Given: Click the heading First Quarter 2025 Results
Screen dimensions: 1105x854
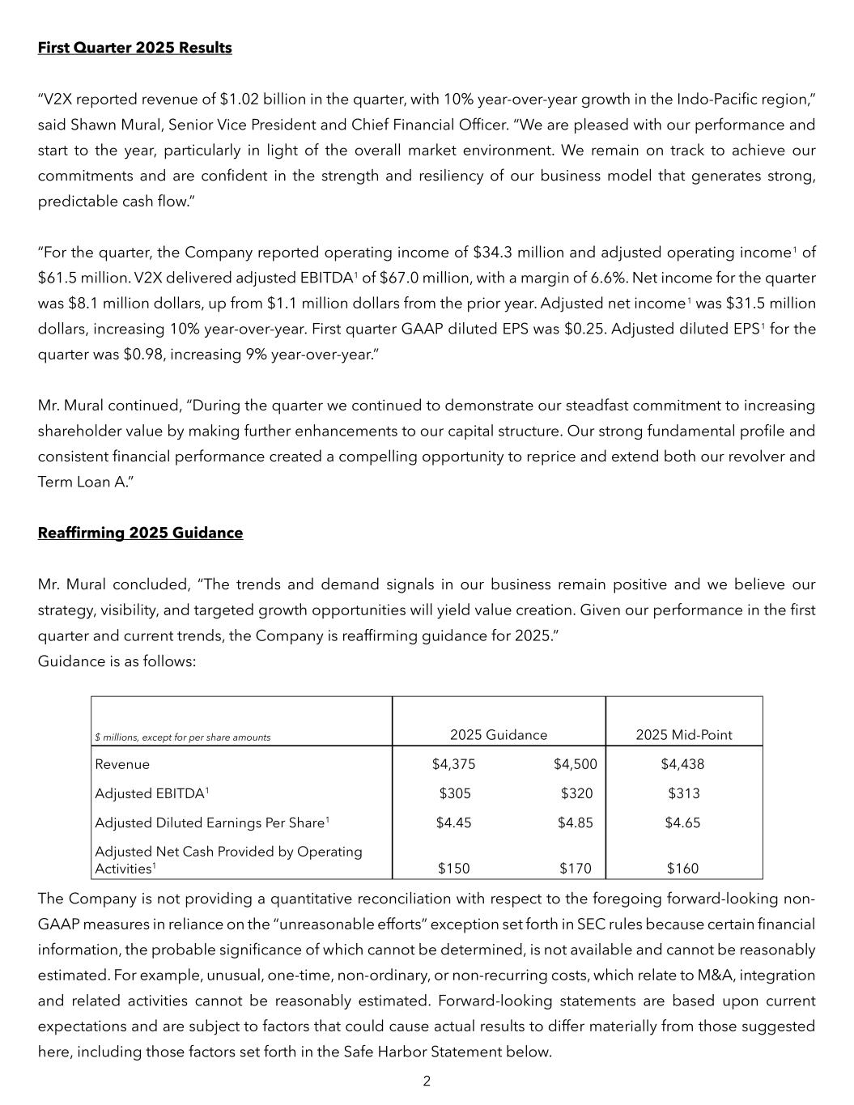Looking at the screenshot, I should [134, 48].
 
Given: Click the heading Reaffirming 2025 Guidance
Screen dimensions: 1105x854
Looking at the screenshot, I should [140, 533].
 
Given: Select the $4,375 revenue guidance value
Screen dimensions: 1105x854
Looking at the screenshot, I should [453, 764].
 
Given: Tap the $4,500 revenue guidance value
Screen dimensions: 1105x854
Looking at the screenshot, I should [575, 764].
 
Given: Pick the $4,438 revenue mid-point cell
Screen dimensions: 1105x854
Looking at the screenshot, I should [682, 764].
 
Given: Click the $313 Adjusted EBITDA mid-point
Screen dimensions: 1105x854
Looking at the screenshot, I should [683, 793].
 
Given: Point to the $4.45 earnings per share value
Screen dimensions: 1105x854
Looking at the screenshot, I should [453, 822].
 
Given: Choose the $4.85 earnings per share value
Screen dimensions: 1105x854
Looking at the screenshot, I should [575, 822].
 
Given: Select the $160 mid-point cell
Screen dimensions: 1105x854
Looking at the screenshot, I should [682, 869].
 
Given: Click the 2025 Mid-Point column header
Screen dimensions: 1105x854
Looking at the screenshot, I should [683, 735].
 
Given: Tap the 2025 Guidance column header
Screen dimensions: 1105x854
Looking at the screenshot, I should [499, 735].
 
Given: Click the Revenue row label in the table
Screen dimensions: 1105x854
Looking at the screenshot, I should [122, 764].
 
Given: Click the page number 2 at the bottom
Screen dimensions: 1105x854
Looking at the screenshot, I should [427, 1081].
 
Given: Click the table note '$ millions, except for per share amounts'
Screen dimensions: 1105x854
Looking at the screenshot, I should [183, 737].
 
